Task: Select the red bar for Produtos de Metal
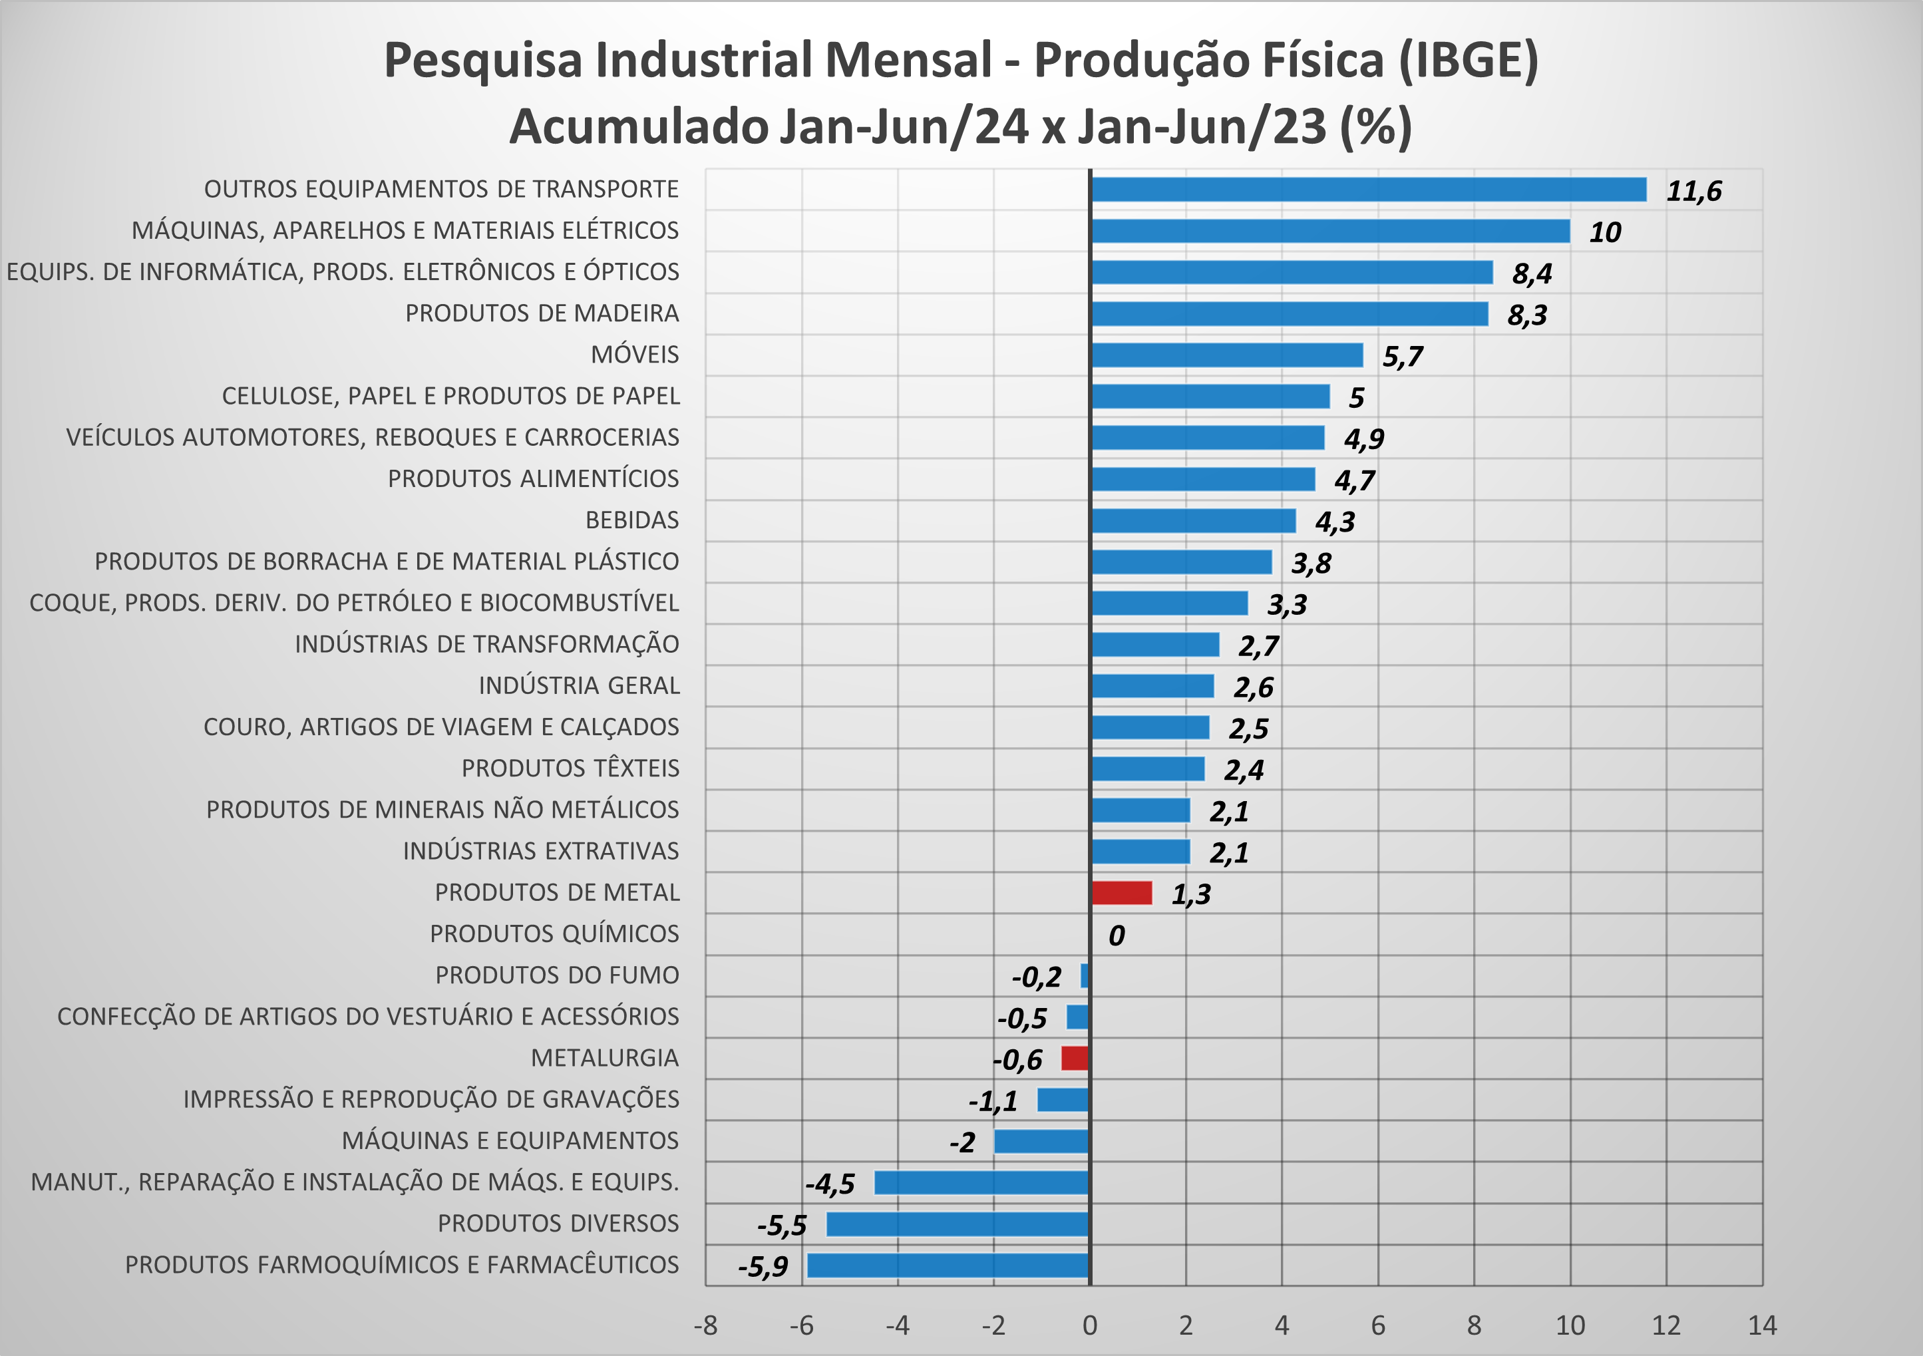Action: (x=1121, y=893)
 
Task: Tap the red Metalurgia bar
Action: (x=1075, y=1058)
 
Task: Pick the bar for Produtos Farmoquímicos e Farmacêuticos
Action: (x=948, y=1265)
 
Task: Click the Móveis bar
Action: (x=1227, y=355)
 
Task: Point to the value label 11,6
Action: (x=1693, y=191)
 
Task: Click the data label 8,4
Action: (x=1532, y=273)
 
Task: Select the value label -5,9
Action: (x=763, y=1266)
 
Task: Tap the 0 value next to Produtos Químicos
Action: (x=1116, y=935)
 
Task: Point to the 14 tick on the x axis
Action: (x=1762, y=1325)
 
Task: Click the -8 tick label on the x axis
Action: (x=705, y=1325)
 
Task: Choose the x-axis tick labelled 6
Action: (x=1378, y=1325)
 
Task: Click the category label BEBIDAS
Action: (x=631, y=520)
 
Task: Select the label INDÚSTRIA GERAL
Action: (x=579, y=685)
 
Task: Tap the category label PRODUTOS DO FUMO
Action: (x=557, y=975)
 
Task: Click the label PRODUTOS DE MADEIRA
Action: (x=542, y=313)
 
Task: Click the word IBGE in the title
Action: (x=1469, y=61)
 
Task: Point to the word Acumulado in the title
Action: (x=638, y=126)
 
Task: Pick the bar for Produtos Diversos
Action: (x=958, y=1224)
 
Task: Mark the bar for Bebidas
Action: (x=1192, y=520)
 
